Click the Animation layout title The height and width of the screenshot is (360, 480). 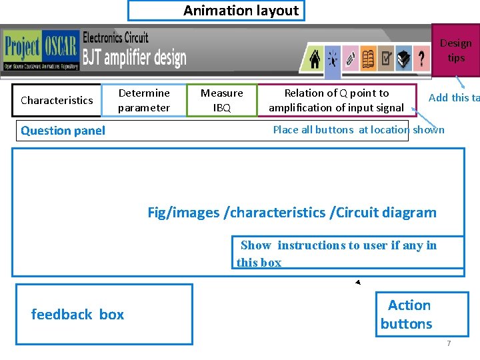pos(215,11)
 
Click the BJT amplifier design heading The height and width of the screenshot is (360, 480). pos(134,58)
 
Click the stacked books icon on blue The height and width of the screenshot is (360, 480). pos(403,60)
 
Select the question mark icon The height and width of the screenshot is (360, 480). pos(421,60)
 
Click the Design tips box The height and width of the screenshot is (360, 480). pos(455,51)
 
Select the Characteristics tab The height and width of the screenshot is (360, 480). pos(57,101)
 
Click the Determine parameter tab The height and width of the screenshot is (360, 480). pos(144,101)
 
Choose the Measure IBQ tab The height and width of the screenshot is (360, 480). pos(221,101)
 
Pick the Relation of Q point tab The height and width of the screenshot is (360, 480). pos(336,101)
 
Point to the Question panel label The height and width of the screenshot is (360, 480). pos(63,131)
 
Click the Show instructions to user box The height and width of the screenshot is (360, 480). pos(347,253)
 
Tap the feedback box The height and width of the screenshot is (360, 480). pos(104,314)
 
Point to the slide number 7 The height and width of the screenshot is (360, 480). pos(449,343)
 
